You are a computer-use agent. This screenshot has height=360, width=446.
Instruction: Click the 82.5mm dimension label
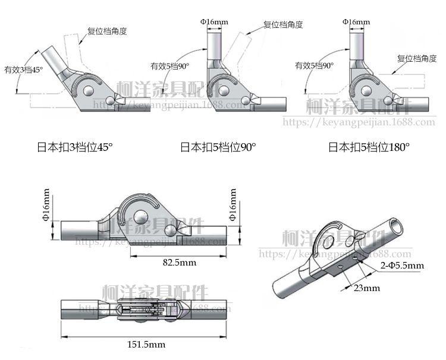pyautogui.click(x=179, y=262)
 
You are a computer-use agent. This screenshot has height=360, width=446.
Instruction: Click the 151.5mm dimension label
pyautogui.click(x=147, y=344)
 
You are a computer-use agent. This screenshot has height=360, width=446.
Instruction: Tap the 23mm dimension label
pyautogui.click(x=367, y=288)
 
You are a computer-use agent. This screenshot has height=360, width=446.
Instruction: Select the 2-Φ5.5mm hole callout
pyautogui.click(x=401, y=265)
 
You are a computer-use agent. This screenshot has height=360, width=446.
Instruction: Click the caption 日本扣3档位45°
pyautogui.click(x=73, y=147)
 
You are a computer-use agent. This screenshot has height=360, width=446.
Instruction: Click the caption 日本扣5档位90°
pyautogui.click(x=218, y=147)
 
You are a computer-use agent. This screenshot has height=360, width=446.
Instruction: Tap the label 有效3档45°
pyautogui.click(x=23, y=70)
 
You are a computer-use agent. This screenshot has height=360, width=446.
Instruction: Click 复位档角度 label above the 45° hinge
pyautogui.click(x=108, y=31)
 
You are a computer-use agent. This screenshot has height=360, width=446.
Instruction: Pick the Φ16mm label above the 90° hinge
pyautogui.click(x=215, y=22)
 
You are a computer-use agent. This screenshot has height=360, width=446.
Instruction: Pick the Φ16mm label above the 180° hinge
pyautogui.click(x=356, y=22)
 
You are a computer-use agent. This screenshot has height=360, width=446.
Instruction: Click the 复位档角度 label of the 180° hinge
pyautogui.click(x=417, y=58)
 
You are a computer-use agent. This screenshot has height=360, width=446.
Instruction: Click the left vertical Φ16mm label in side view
pyautogui.click(x=47, y=206)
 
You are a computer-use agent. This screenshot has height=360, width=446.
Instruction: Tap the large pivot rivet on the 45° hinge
pyautogui.click(x=89, y=90)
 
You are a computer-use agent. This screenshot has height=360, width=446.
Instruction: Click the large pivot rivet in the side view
pyautogui.click(x=143, y=216)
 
